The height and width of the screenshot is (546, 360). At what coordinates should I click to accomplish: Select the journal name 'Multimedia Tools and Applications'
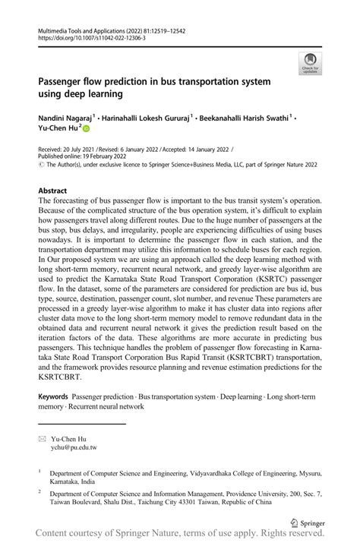coord(84,27)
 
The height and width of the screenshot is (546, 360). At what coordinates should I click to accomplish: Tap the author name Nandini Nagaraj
coord(64,118)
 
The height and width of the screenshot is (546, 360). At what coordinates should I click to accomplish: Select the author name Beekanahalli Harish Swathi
coord(242,118)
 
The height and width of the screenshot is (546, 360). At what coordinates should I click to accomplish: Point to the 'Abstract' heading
coord(52,191)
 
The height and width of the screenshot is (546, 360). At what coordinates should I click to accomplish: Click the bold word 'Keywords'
coord(52,397)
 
